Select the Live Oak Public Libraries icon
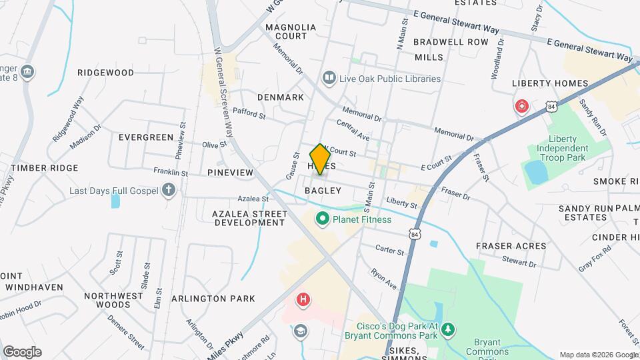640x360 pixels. point(328,79)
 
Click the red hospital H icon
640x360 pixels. point(303,300)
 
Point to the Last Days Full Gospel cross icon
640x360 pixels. point(169,191)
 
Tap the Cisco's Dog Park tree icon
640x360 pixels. point(449,328)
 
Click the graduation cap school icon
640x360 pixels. point(301,331)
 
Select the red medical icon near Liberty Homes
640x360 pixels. point(521,106)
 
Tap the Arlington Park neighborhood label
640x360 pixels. point(213,299)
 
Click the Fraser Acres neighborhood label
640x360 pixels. point(511,246)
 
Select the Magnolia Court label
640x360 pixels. point(291,32)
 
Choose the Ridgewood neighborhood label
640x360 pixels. point(105,73)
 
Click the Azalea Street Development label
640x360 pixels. point(249,218)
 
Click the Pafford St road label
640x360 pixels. point(249,115)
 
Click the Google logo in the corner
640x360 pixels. point(22,352)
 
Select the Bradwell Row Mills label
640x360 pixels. point(441,49)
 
